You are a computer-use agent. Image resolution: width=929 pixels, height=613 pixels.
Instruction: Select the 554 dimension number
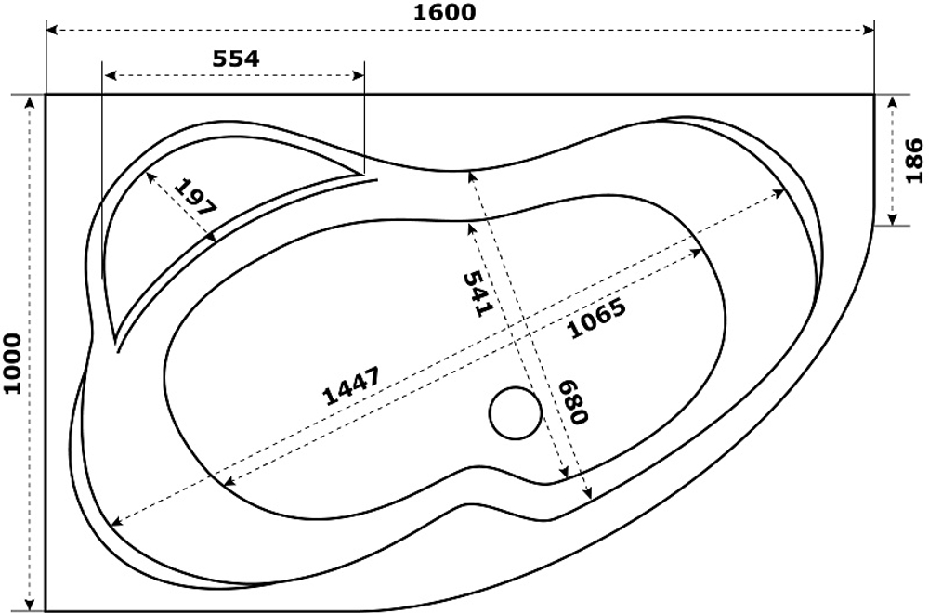click(x=236, y=58)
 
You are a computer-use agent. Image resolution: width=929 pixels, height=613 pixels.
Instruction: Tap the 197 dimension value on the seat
click(x=194, y=196)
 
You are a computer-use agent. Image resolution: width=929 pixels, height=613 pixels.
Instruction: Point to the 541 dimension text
click(x=475, y=293)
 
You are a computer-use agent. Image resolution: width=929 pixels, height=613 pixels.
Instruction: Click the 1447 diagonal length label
click(x=351, y=387)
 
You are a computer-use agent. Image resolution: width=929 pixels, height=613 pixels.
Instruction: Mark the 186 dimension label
click(x=914, y=160)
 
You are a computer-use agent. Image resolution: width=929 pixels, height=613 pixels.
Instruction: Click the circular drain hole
click(x=515, y=413)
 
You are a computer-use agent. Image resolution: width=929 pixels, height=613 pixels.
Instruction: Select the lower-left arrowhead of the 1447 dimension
click(x=113, y=524)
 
